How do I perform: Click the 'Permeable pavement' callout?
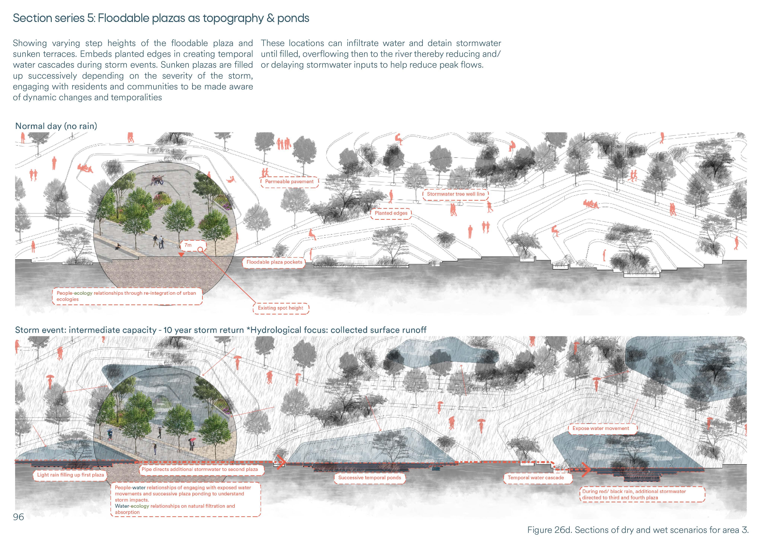pyautogui.click(x=289, y=182)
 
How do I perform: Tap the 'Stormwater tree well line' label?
pyautogui.click(x=455, y=194)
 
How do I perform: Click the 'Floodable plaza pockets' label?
pyautogui.click(x=274, y=262)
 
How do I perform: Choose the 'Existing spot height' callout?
pyautogui.click(x=280, y=308)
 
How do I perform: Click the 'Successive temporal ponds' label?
pyautogui.click(x=369, y=478)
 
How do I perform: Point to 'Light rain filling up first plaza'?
pyautogui.click(x=70, y=475)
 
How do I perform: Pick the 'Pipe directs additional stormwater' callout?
pyautogui.click(x=199, y=469)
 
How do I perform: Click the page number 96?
pyautogui.click(x=19, y=517)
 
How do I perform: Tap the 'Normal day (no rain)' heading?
pyautogui.click(x=56, y=126)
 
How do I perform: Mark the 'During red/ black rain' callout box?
pyautogui.click(x=642, y=494)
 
